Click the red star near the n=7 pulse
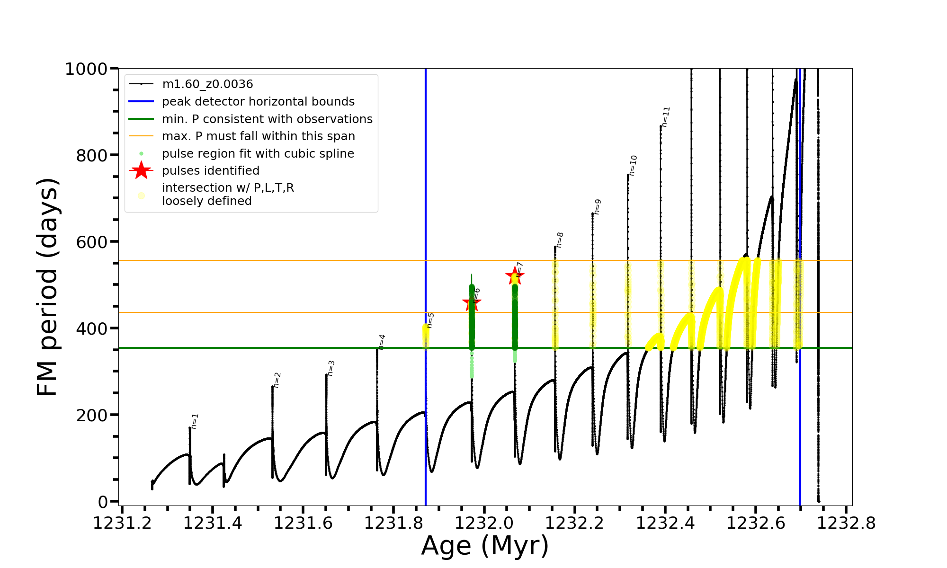(514, 276)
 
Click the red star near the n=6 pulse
(471, 303)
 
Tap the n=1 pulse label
(195, 421)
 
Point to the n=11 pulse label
(666, 117)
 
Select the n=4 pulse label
(382, 342)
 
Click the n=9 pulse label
(597, 207)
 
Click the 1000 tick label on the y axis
(86, 69)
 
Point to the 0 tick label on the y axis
(103, 501)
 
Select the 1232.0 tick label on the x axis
(484, 523)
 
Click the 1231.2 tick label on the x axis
(122, 523)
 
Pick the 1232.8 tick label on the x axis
(846, 523)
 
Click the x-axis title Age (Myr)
(485, 546)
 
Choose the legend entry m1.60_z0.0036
(207, 84)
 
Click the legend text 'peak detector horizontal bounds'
(258, 102)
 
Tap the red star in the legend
(141, 170)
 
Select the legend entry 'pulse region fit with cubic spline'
(258, 154)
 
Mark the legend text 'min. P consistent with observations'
(267, 119)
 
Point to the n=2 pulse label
(277, 380)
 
